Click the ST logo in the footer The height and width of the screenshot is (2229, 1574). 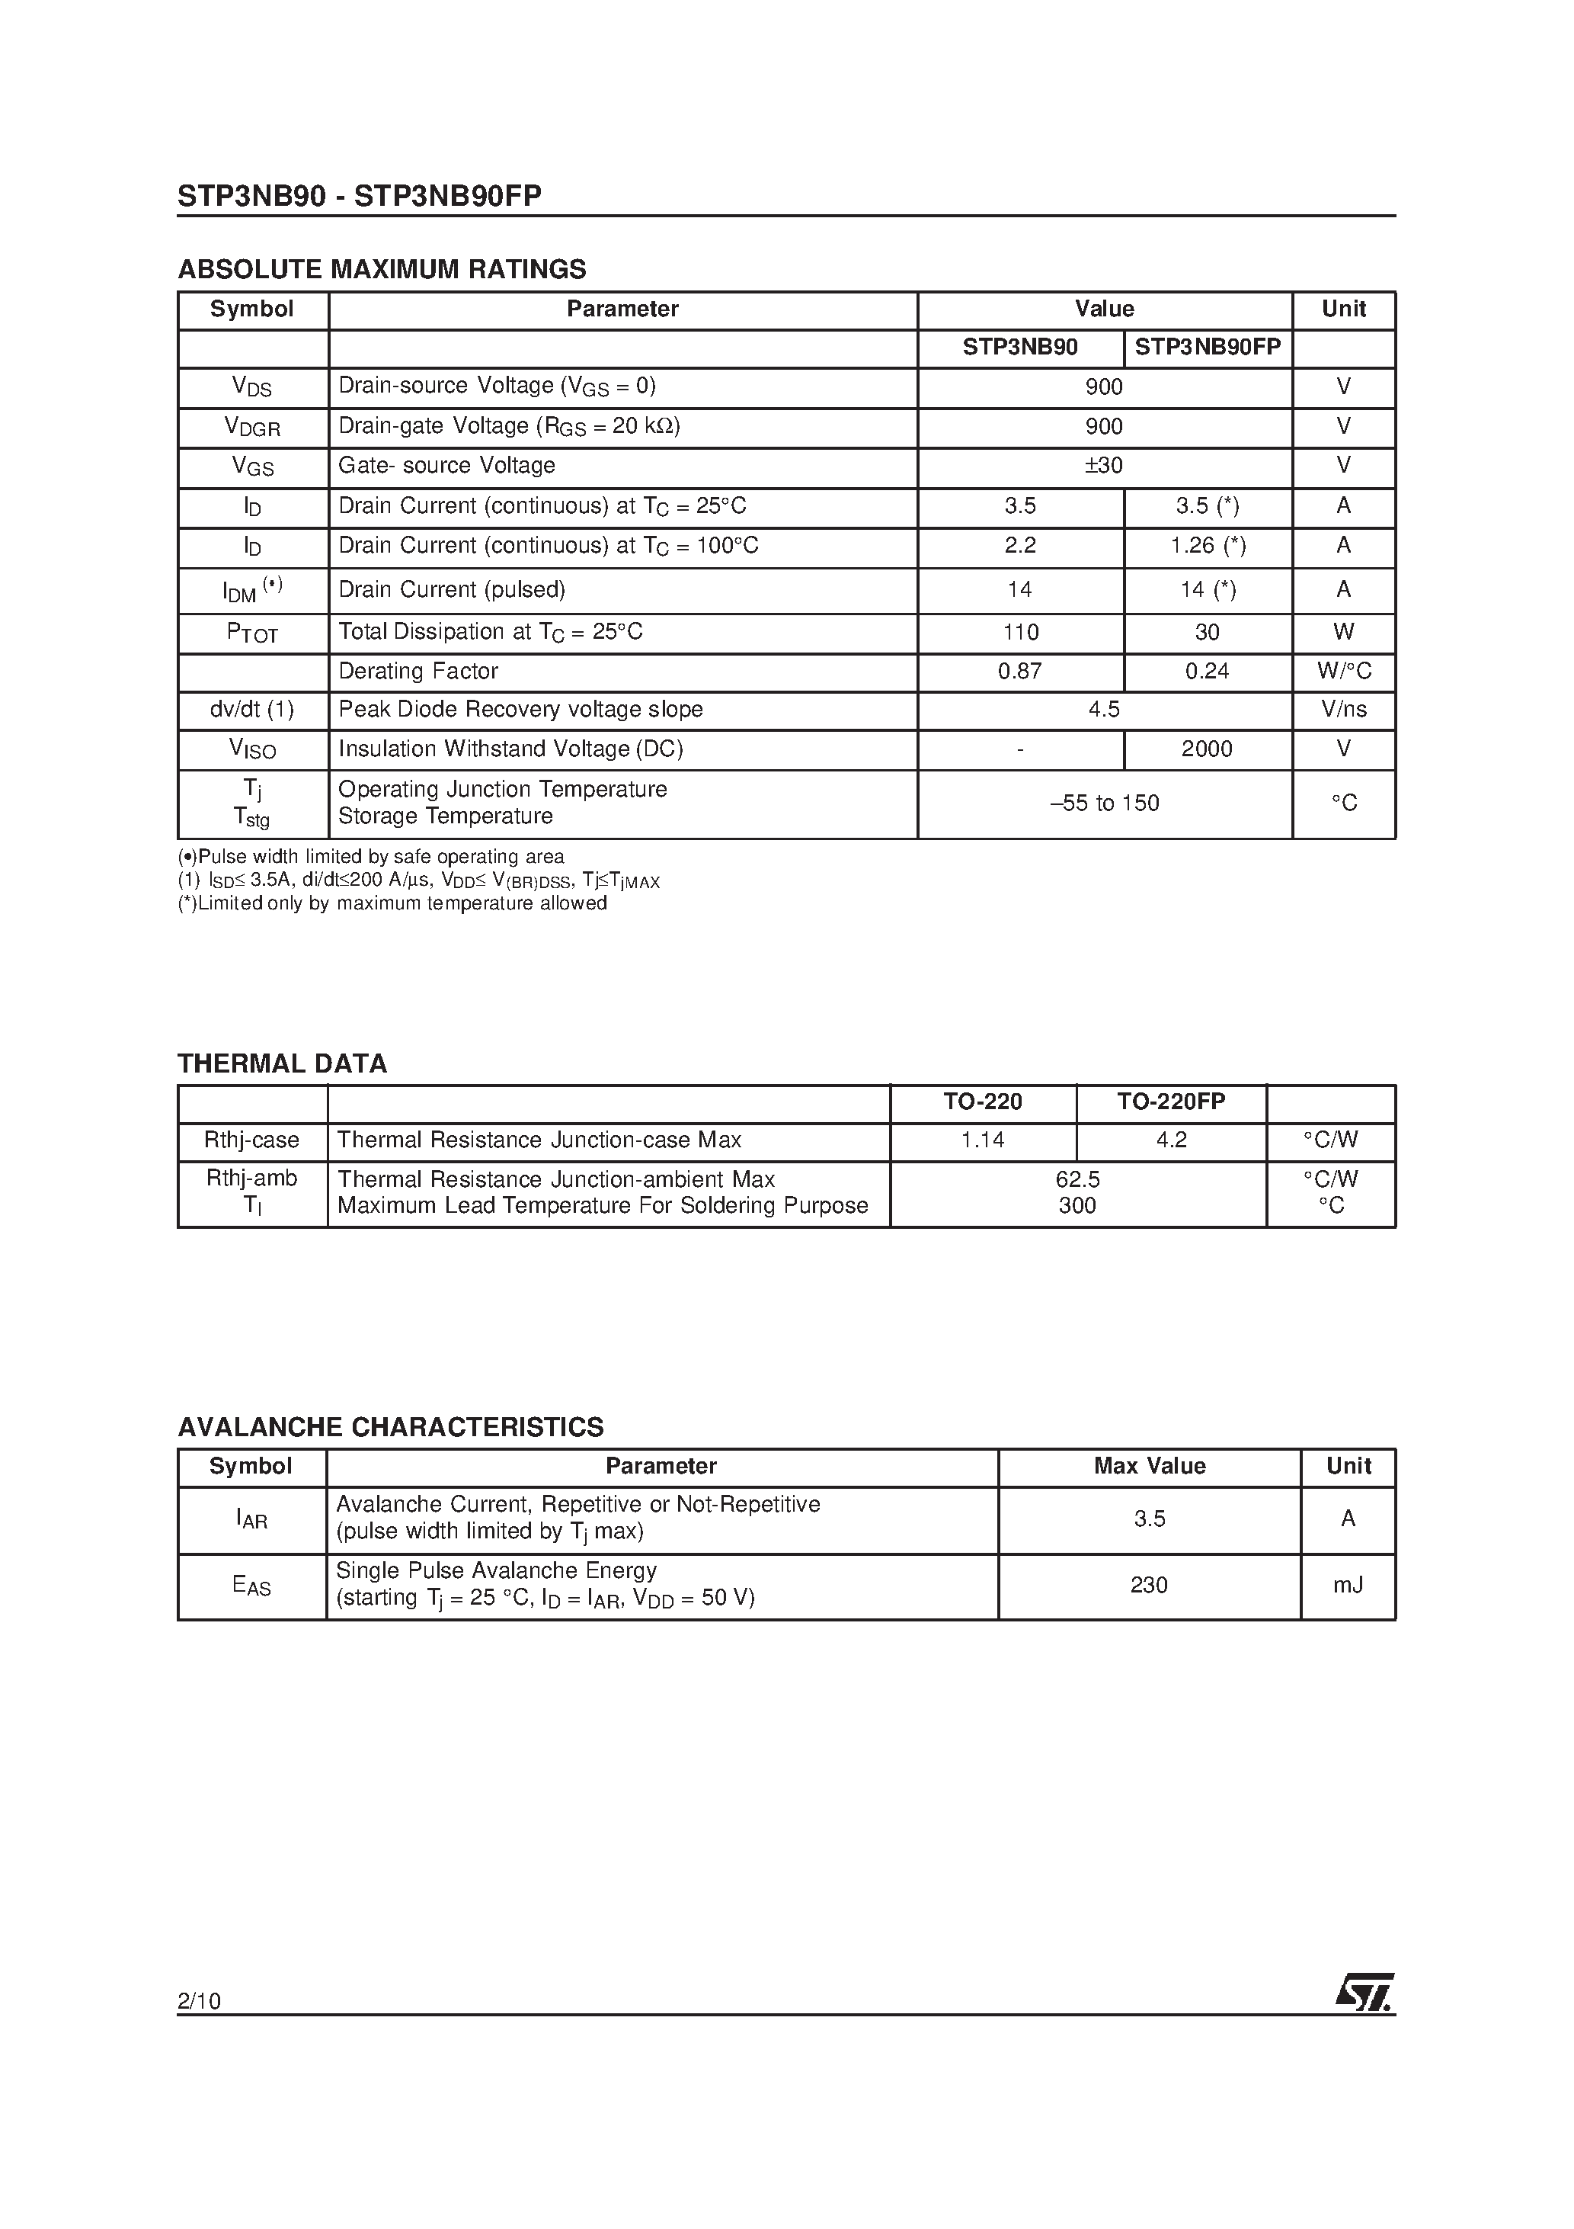[x=1364, y=1993]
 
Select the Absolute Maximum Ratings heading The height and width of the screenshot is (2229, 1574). [x=382, y=269]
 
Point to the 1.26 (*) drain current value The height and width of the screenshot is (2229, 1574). [x=1208, y=546]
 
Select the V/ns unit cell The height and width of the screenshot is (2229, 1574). [x=1343, y=710]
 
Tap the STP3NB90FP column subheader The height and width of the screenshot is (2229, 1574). [x=1208, y=348]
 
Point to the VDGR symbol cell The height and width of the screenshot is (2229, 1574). [x=252, y=427]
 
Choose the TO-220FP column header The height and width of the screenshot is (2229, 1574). [x=1170, y=1102]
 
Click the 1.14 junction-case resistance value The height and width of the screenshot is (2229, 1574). [x=982, y=1140]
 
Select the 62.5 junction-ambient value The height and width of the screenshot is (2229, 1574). [x=1077, y=1179]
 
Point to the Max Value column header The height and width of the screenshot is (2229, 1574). [x=1149, y=1466]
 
